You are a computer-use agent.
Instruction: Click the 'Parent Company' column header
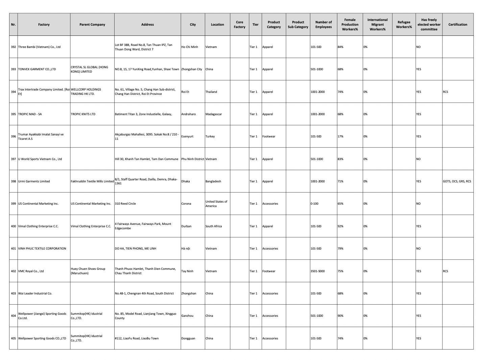92,25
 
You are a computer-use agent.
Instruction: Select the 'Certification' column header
458,25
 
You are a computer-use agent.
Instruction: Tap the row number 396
14,137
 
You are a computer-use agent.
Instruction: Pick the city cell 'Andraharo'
188,114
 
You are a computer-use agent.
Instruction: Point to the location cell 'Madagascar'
214,114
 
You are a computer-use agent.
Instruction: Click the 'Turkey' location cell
210,136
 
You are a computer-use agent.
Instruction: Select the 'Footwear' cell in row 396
269,136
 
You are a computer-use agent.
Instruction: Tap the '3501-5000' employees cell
318,271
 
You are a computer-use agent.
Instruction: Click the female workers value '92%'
340,226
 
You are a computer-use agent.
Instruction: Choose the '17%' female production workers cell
340,136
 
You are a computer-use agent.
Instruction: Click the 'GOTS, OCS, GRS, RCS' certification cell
457,181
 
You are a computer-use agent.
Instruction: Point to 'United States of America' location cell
216,204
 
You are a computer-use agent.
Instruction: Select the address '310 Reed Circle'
125,204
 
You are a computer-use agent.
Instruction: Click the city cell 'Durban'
186,226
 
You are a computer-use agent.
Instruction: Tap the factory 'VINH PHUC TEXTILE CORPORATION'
42,249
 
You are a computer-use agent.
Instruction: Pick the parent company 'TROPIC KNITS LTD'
83,114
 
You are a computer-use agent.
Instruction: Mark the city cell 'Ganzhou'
187,316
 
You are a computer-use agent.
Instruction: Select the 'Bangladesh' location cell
213,181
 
